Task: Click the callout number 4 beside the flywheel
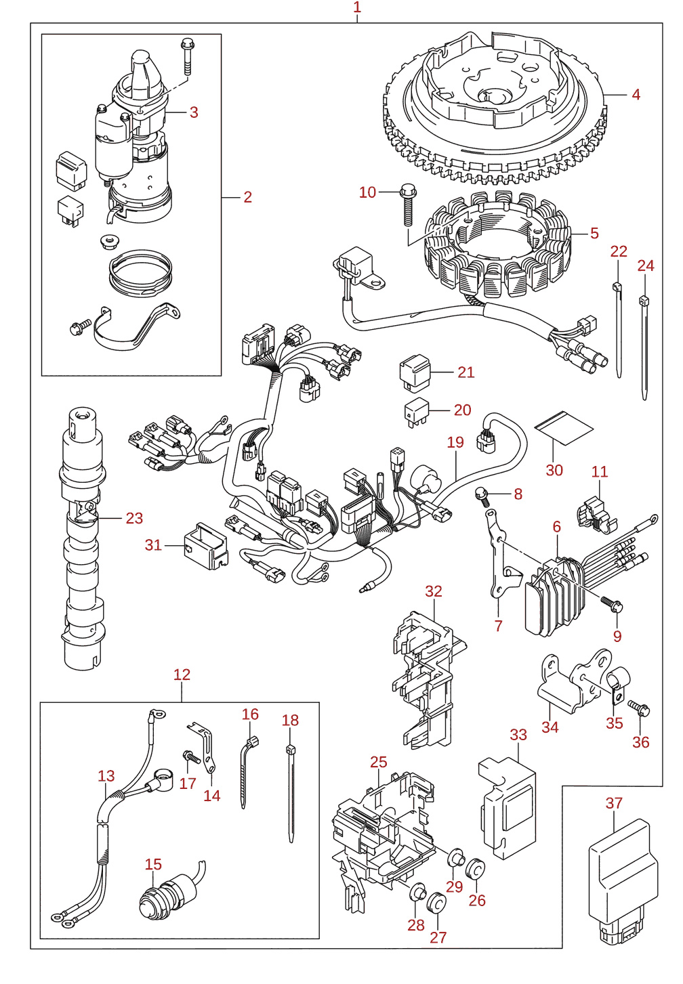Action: (636, 94)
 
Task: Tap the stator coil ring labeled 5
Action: (497, 244)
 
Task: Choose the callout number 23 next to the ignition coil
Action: (134, 518)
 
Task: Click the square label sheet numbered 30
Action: (564, 427)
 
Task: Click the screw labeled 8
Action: (482, 495)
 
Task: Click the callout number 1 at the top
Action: (357, 7)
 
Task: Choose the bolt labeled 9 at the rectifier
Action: (611, 605)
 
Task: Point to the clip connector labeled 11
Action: (597, 515)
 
